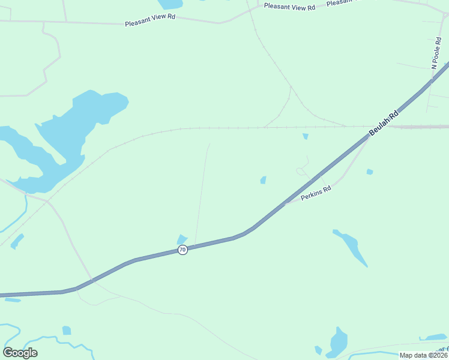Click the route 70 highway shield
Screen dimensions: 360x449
point(182,250)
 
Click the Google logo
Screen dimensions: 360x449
point(20,353)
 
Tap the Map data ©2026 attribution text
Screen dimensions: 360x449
point(423,355)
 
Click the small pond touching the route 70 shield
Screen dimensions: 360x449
point(182,239)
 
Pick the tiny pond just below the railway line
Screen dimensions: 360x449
point(306,136)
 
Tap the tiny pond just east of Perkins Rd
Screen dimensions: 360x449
point(370,172)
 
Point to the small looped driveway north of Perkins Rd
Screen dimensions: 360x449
point(300,172)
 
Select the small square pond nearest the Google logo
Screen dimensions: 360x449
point(67,331)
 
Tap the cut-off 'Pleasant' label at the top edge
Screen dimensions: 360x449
point(340,3)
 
